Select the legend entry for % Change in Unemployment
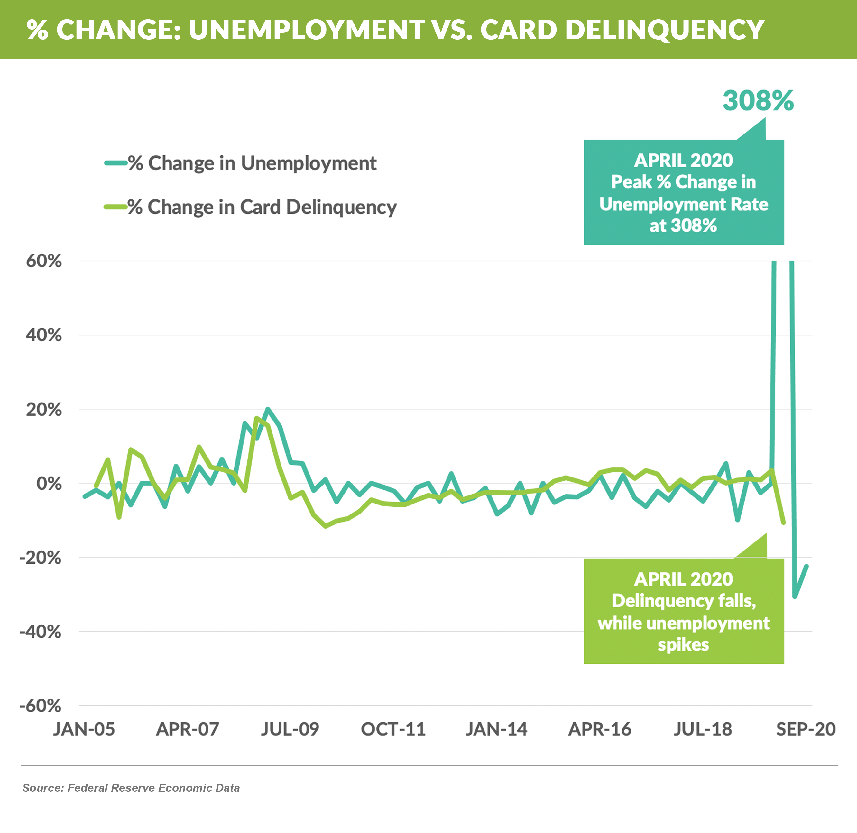click(x=251, y=163)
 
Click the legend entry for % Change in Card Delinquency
click(x=261, y=207)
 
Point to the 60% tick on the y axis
click(x=44, y=261)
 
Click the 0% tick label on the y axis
click(x=49, y=484)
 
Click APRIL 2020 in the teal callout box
click(x=683, y=161)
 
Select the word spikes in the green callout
click(x=683, y=645)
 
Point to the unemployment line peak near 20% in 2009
click(x=268, y=409)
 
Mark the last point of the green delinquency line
click(x=784, y=523)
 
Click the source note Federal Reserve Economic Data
click(x=131, y=788)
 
